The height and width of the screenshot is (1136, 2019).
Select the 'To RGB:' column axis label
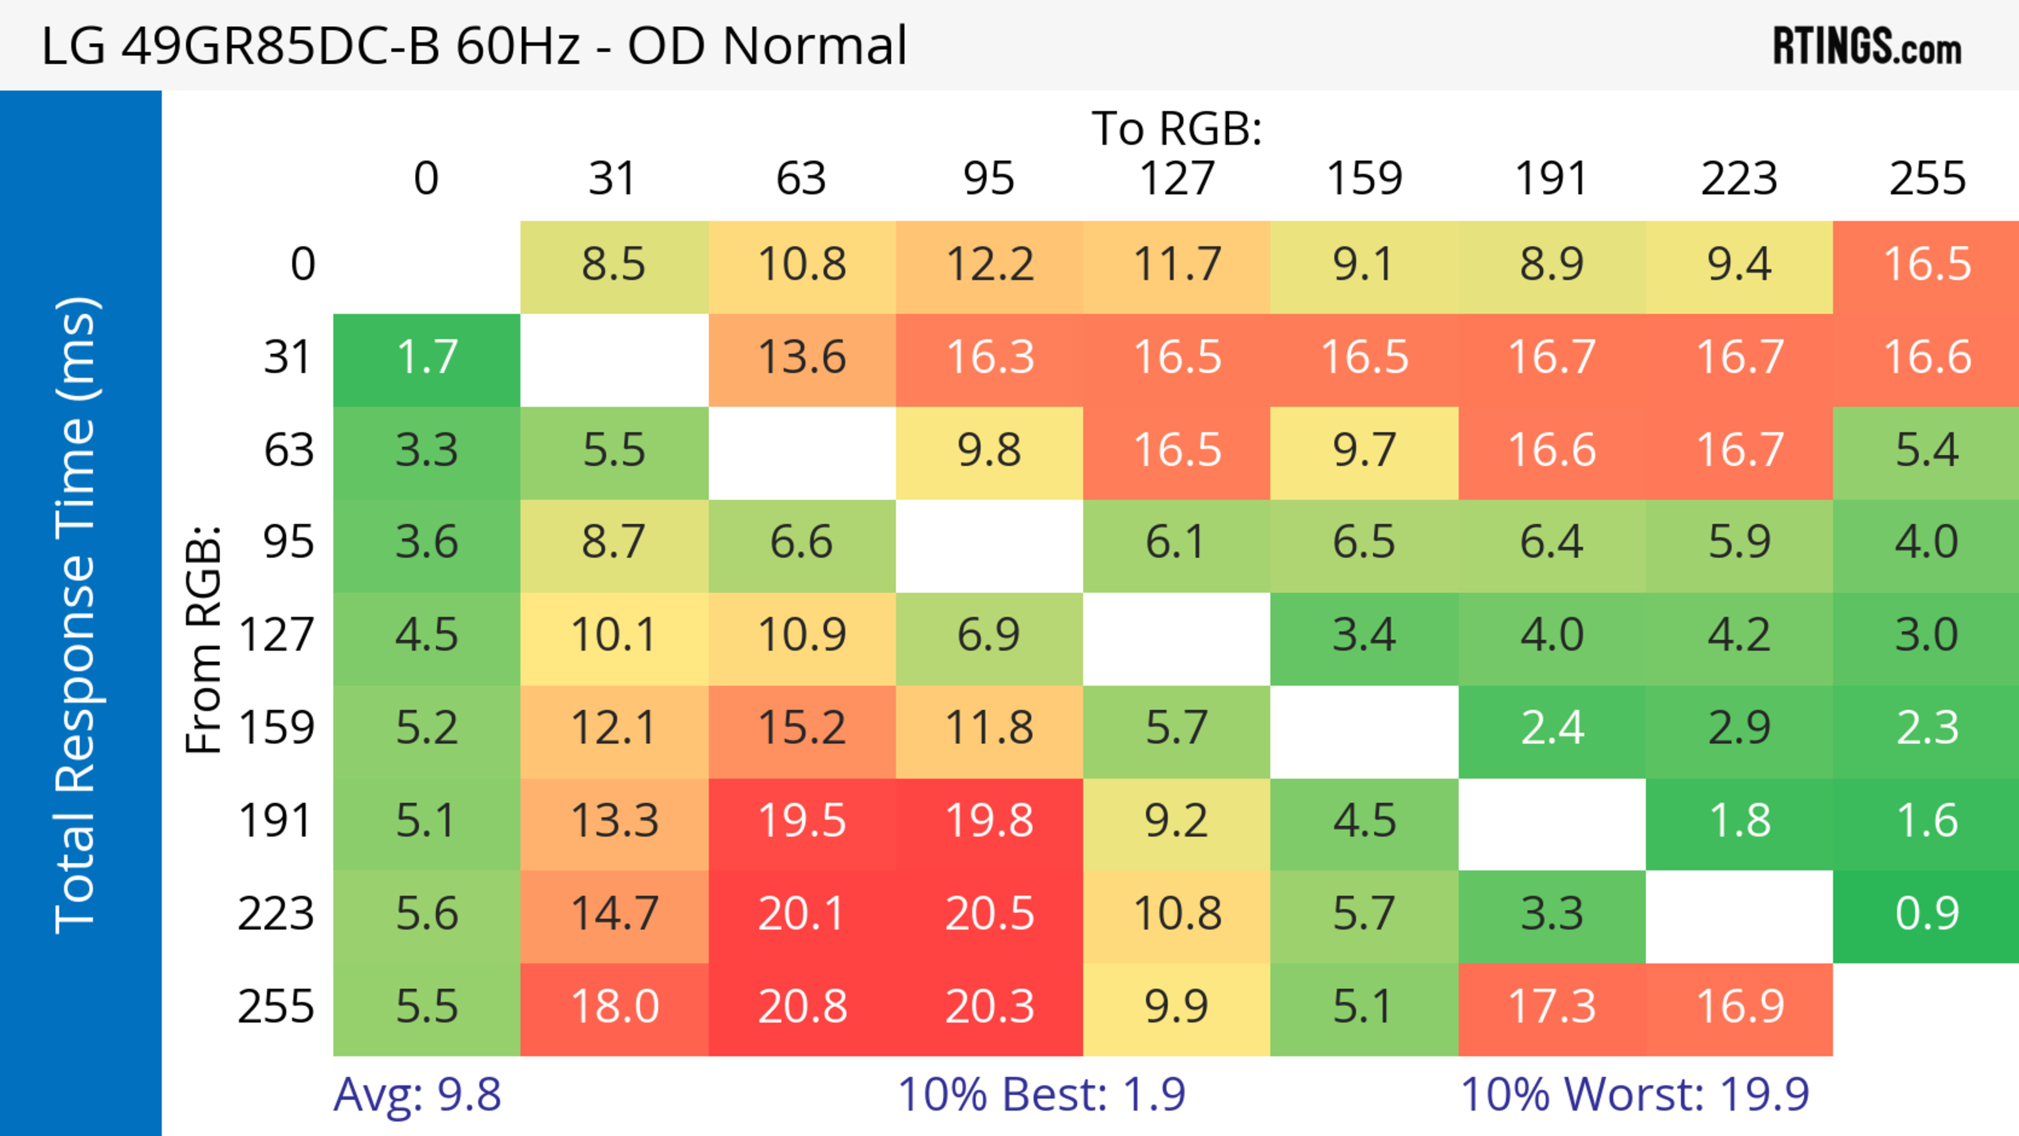[x=1177, y=128]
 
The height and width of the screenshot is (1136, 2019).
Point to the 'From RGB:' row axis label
[x=204, y=639]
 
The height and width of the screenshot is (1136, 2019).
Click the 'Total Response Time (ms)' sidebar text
[x=77, y=616]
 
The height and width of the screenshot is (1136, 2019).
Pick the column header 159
[x=1364, y=179]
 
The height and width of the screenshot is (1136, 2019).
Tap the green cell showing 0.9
[x=1926, y=914]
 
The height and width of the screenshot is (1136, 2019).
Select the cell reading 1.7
[x=427, y=358]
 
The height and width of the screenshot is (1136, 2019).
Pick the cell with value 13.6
[x=802, y=358]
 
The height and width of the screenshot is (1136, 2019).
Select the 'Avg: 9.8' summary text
[x=417, y=1094]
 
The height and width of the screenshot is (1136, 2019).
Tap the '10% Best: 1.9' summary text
[x=1041, y=1094]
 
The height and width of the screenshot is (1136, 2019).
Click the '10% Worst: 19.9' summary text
[x=1635, y=1094]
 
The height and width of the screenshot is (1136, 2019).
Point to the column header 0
[x=426, y=179]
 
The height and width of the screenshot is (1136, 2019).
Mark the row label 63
[x=289, y=451]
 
